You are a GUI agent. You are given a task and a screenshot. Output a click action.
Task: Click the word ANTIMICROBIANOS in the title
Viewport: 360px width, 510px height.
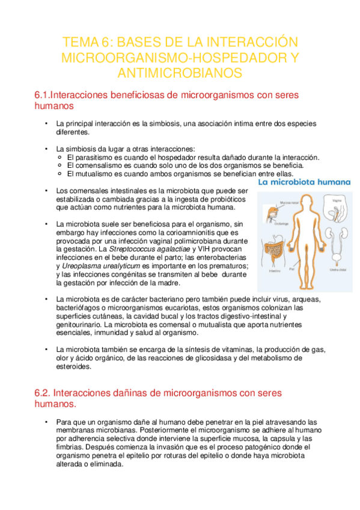pos(180,73)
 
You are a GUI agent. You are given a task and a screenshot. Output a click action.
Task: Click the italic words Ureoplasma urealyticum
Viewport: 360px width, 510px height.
pos(105,265)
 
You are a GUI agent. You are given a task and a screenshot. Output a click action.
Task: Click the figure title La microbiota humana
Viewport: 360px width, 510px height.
pos(304,181)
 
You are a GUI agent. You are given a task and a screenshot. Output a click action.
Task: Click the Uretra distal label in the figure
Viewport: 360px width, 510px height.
pos(338,270)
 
